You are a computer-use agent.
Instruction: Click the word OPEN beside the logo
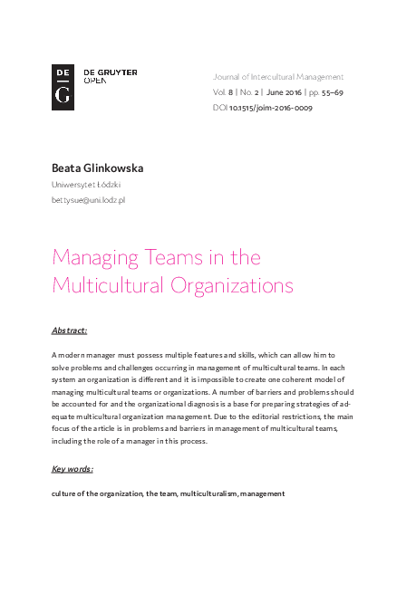(94, 81)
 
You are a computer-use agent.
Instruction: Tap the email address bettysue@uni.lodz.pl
(88, 199)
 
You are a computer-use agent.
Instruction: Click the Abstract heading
(70, 330)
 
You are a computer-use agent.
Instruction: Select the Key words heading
(73, 469)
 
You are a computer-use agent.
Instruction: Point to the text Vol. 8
(223, 92)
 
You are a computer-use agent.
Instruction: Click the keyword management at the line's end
(263, 493)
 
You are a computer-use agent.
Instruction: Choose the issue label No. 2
(249, 92)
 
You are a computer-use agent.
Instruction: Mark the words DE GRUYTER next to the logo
(111, 72)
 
